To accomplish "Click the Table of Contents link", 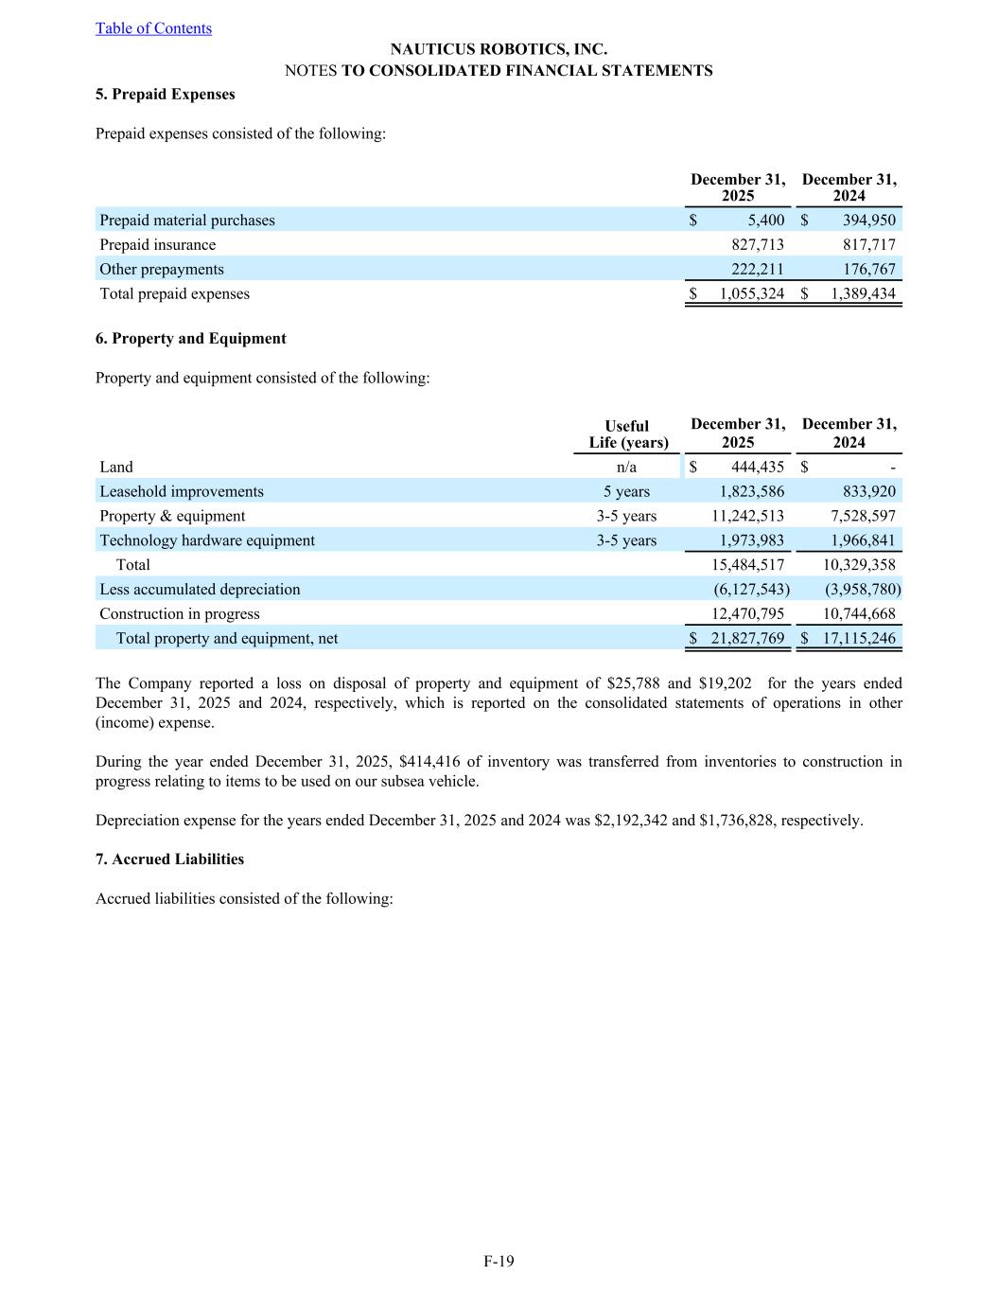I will pyautogui.click(x=153, y=28).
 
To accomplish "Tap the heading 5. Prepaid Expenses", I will pyautogui.click(x=166, y=95).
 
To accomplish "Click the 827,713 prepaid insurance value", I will pyautogui.click(x=757, y=245).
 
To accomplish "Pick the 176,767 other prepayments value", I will pyautogui.click(x=868, y=270).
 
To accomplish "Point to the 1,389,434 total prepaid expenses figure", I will pyautogui.click(x=863, y=294).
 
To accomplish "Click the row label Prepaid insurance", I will pyautogui.click(x=158, y=245).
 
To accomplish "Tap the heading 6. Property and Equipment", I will pyautogui.click(x=191, y=339).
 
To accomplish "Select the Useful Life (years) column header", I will pyautogui.click(x=627, y=434).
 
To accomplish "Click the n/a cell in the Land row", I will pyautogui.click(x=626, y=468).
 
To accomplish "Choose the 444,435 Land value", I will pyautogui.click(x=757, y=468).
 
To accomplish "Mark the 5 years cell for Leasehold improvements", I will pyautogui.click(x=626, y=492).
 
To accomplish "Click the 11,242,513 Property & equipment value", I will pyautogui.click(x=747, y=517).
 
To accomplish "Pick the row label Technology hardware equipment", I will pyautogui.click(x=207, y=540).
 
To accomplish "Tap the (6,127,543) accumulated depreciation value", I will pyautogui.click(x=751, y=590).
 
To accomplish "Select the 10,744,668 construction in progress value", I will pyautogui.click(x=859, y=614).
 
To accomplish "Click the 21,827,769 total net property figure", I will pyautogui.click(x=747, y=639).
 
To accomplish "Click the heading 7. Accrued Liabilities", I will pyautogui.click(x=170, y=859).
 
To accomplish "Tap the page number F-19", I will pyautogui.click(x=499, y=1261).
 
